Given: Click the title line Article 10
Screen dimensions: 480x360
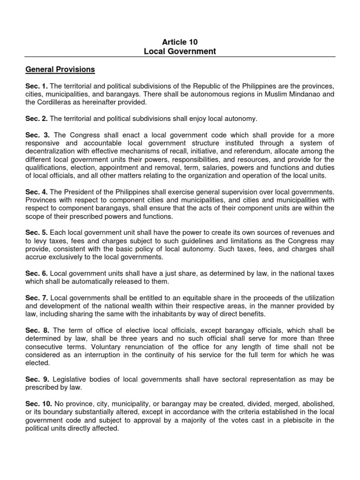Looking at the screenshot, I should coord(180,42).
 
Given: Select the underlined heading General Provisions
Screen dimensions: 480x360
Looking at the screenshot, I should coord(60,70).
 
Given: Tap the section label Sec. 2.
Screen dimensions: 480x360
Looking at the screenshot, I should coord(36,119).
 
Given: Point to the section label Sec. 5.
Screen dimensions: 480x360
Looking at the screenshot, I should coord(36,233).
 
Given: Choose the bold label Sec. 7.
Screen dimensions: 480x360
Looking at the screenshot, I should coord(36,298).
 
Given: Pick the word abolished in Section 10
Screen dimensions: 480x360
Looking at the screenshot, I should coord(315,404).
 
